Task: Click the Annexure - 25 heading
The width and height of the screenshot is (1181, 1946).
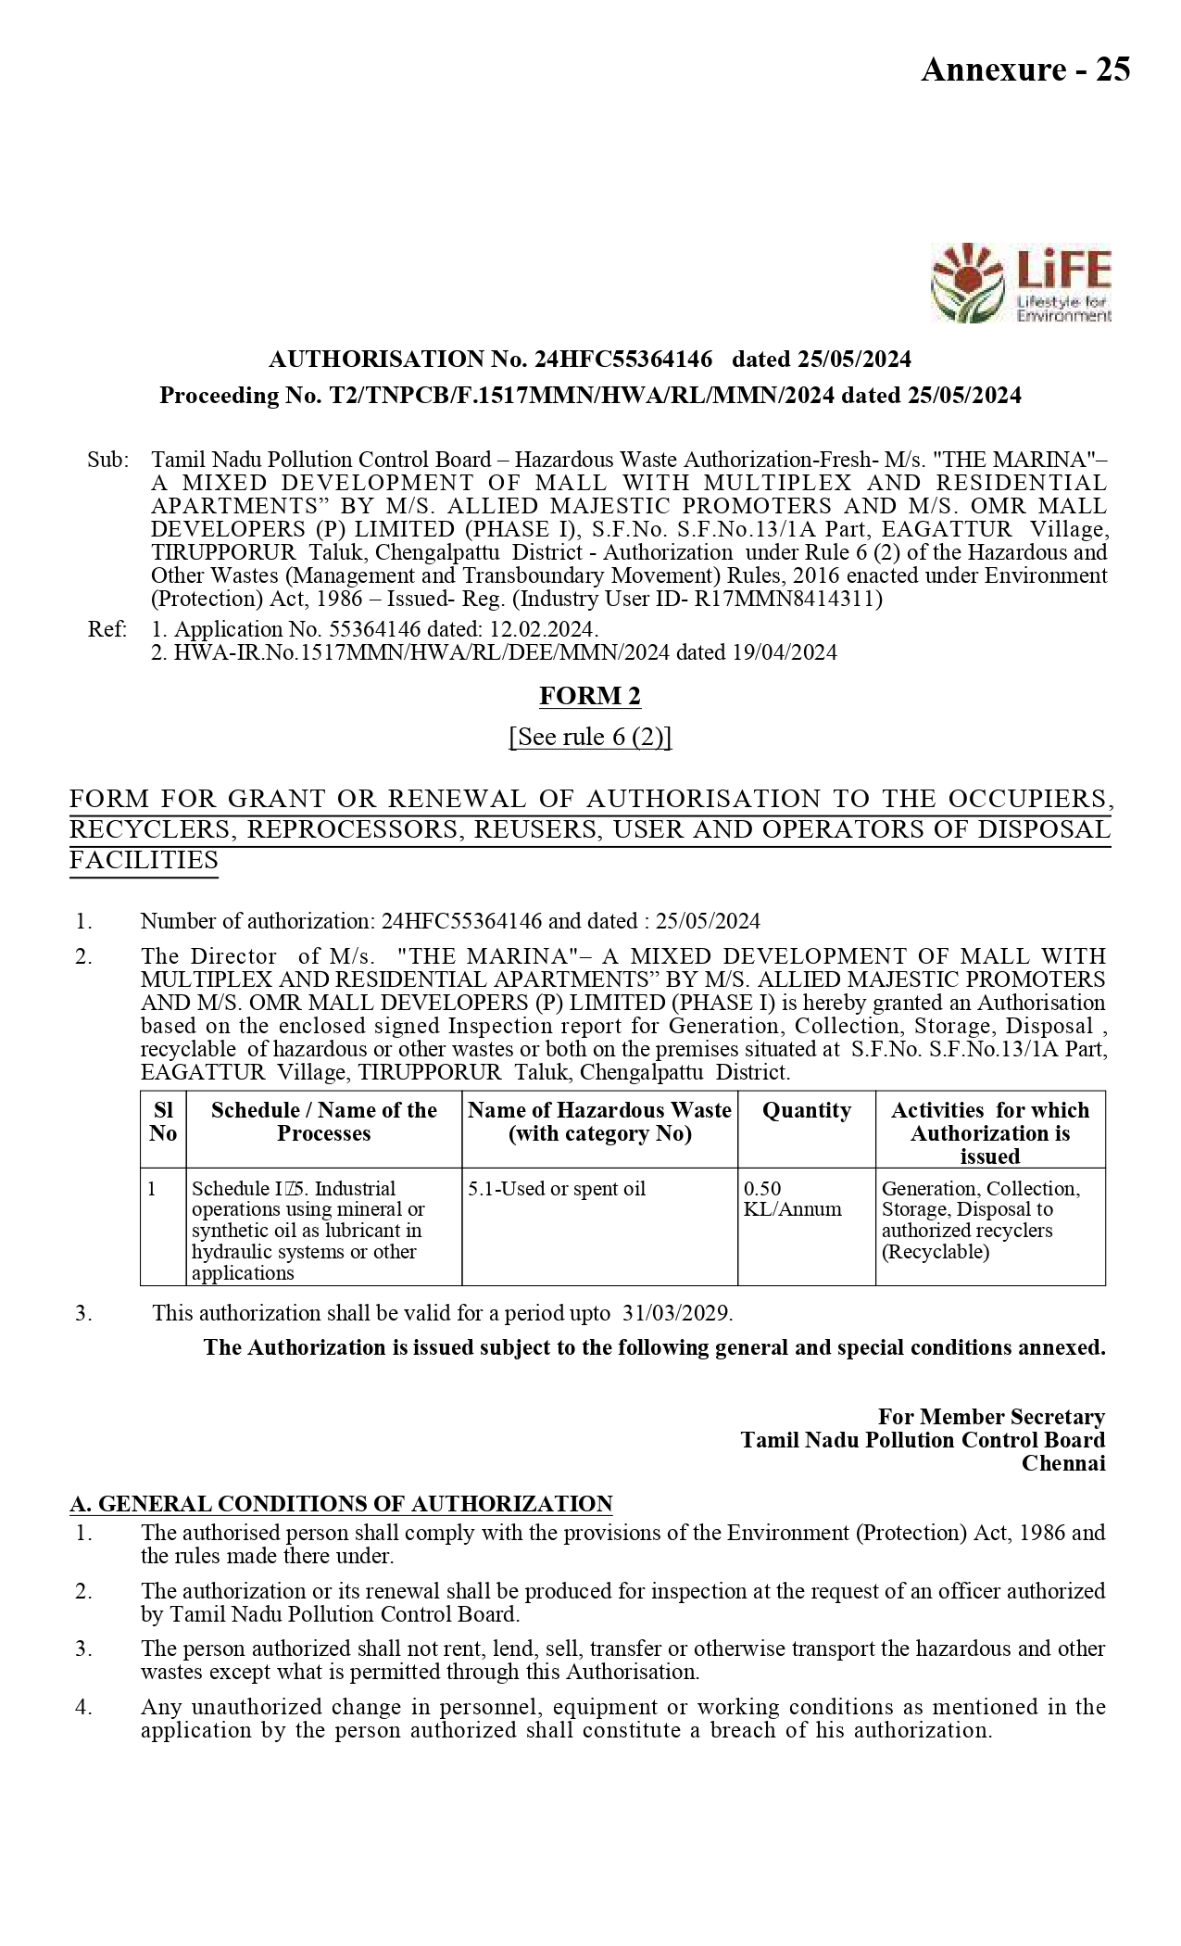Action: click(x=1024, y=69)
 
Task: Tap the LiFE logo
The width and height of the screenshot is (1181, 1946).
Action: click(x=1021, y=283)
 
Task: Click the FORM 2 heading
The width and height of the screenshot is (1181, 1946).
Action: click(x=590, y=695)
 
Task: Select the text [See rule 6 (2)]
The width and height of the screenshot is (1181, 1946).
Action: click(x=590, y=737)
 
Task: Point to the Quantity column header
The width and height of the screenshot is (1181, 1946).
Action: click(x=806, y=1110)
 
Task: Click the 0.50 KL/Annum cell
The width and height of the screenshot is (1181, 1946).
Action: click(x=792, y=1199)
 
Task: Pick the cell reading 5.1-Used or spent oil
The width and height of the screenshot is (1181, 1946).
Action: click(x=557, y=1189)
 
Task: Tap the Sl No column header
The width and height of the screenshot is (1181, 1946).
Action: click(x=163, y=1121)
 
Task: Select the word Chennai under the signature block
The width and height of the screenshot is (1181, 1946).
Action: click(x=1063, y=1463)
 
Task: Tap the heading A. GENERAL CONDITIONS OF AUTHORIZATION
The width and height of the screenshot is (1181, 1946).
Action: click(x=341, y=1504)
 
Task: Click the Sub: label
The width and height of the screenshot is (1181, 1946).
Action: click(x=107, y=460)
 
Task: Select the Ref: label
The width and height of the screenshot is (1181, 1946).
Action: click(x=107, y=629)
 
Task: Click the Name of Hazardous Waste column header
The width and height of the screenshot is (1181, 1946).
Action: click(x=599, y=1121)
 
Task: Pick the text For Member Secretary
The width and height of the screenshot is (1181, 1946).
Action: click(x=991, y=1417)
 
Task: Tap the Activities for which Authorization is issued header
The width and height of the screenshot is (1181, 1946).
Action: click(x=989, y=1132)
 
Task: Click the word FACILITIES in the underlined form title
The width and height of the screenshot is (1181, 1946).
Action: click(x=144, y=860)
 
